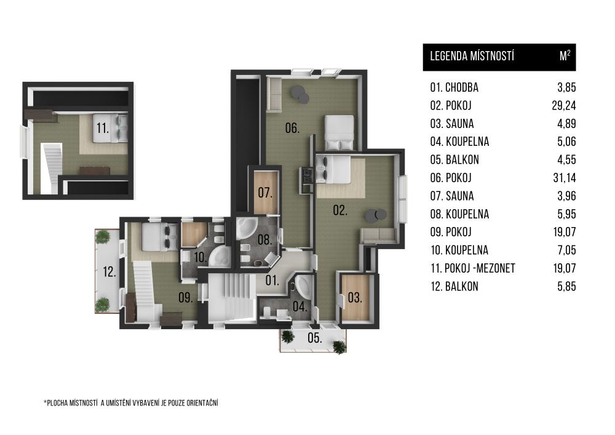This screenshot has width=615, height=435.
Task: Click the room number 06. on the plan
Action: pyautogui.click(x=292, y=128)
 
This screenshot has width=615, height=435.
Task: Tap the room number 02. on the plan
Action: pyautogui.click(x=340, y=210)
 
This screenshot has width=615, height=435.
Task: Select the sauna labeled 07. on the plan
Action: pyautogui.click(x=265, y=193)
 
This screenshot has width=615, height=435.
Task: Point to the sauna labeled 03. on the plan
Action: pyautogui.click(x=355, y=298)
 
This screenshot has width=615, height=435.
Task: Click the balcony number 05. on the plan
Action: pyautogui.click(x=314, y=338)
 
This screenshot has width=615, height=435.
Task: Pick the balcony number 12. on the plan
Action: pyautogui.click(x=109, y=271)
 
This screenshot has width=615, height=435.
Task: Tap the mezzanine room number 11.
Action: pyautogui.click(x=103, y=128)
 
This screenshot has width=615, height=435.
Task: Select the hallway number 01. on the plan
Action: pyautogui.click(x=272, y=281)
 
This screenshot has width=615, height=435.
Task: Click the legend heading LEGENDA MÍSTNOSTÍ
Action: pyautogui.click(x=472, y=56)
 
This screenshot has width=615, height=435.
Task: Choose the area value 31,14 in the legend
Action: pyautogui.click(x=565, y=178)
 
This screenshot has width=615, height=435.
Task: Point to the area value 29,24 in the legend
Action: pyautogui.click(x=563, y=105)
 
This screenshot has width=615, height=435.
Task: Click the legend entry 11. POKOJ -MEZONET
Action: pyautogui.click(x=472, y=268)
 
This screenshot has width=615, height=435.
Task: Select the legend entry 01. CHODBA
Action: pyautogui.click(x=454, y=87)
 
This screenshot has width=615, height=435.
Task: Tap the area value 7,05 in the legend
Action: pyautogui.click(x=566, y=250)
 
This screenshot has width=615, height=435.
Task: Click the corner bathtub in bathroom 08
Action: pyautogui.click(x=246, y=228)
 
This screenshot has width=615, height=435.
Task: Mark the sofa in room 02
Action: pyautogui.click(x=378, y=236)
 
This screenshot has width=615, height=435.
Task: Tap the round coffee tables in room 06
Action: pyautogui.click(x=300, y=94)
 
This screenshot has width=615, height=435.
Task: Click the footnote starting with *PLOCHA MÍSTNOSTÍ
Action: pyautogui.click(x=131, y=403)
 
